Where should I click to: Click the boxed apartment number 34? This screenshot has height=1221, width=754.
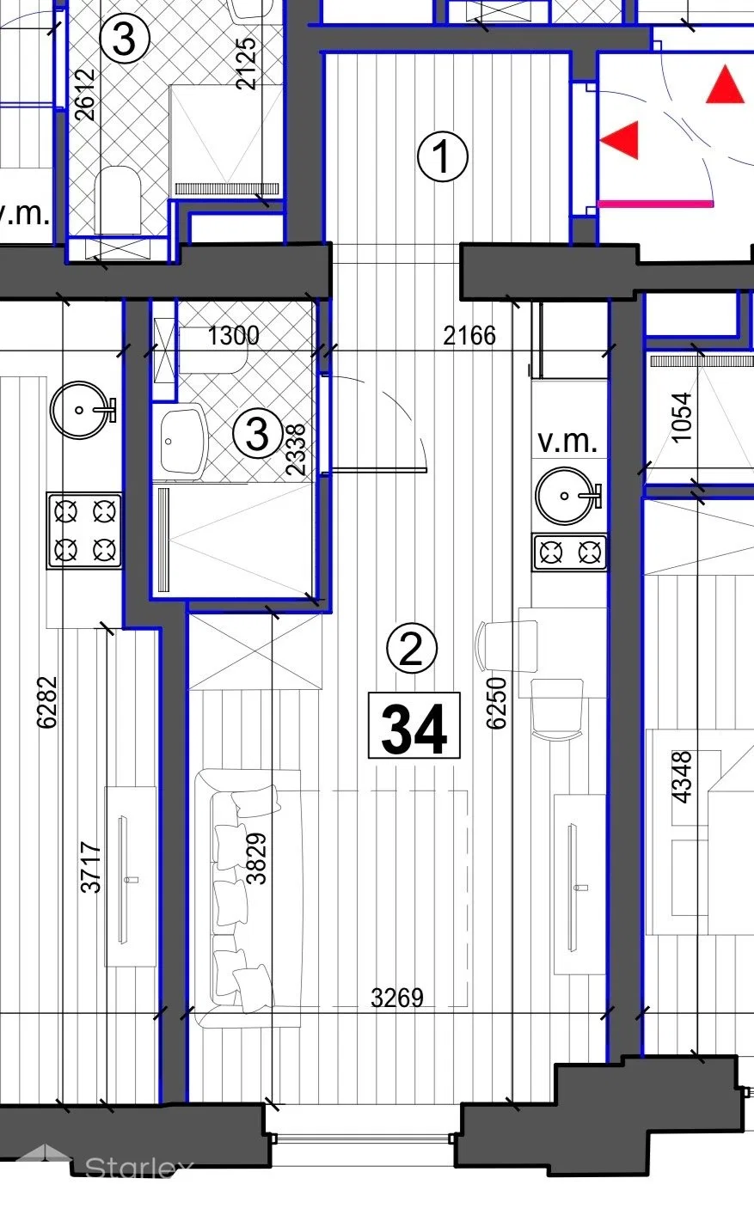pos(414,725)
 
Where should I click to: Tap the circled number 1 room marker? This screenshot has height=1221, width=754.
pos(443,156)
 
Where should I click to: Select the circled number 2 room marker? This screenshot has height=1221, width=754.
pos(411,648)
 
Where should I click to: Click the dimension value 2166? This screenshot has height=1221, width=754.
pos(469,335)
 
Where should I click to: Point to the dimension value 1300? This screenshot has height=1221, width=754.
pos(233,335)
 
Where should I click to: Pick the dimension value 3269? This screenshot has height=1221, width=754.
pos(396,998)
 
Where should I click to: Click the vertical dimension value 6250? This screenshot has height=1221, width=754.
pos(496,703)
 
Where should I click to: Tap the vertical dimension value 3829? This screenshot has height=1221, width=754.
pos(256,858)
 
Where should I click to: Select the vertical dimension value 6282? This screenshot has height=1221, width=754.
pos(46,703)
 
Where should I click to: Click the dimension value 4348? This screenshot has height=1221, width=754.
pos(682,778)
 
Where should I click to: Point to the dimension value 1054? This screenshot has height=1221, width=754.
pos(682,418)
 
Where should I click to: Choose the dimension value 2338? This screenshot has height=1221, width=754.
pos(296,450)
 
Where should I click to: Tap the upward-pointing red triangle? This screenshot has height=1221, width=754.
pos(725,84)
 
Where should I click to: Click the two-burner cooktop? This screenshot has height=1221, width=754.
pos(570,553)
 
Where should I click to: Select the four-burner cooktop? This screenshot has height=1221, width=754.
pos(84,531)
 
